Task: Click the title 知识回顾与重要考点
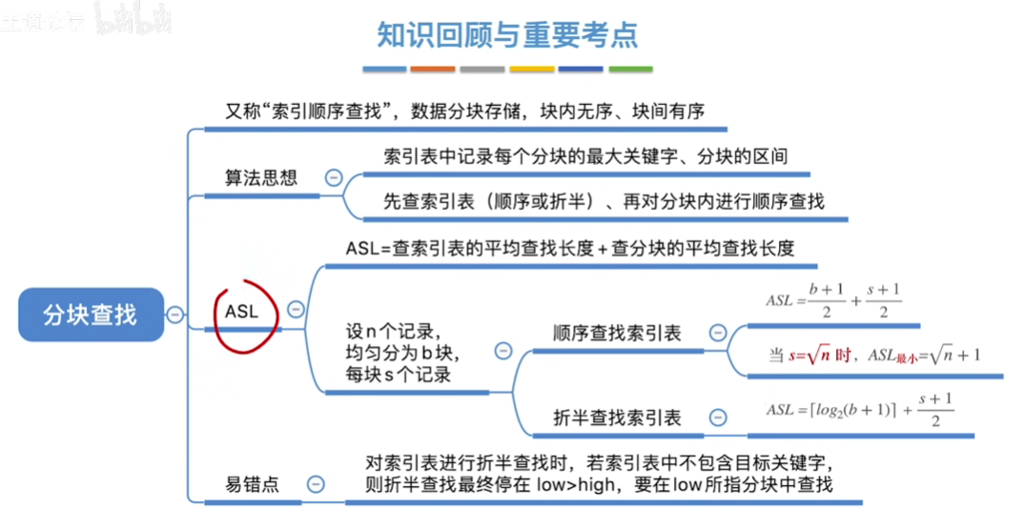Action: pyautogui.click(x=506, y=35)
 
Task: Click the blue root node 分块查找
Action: pyautogui.click(x=91, y=315)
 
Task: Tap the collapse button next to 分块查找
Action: pyautogui.click(x=175, y=315)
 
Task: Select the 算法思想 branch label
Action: pyautogui.click(x=260, y=178)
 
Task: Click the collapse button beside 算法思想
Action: pyautogui.click(x=334, y=177)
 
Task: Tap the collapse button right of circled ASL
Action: pyautogui.click(x=296, y=310)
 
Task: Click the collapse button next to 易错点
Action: pyautogui.click(x=316, y=484)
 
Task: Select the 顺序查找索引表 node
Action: pyautogui.click(x=617, y=334)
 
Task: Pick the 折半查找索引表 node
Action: pyautogui.click(x=617, y=417)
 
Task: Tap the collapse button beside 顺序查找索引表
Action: pyautogui.click(x=717, y=333)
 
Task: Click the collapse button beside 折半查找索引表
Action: pyautogui.click(x=717, y=417)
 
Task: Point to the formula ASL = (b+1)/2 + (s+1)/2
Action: pyautogui.click(x=833, y=300)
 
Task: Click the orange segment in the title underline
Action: pyautogui.click(x=433, y=70)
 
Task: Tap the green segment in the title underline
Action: pyautogui.click(x=630, y=70)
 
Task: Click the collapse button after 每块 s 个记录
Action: pyautogui.click(x=503, y=351)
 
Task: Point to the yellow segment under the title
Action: pyautogui.click(x=532, y=70)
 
